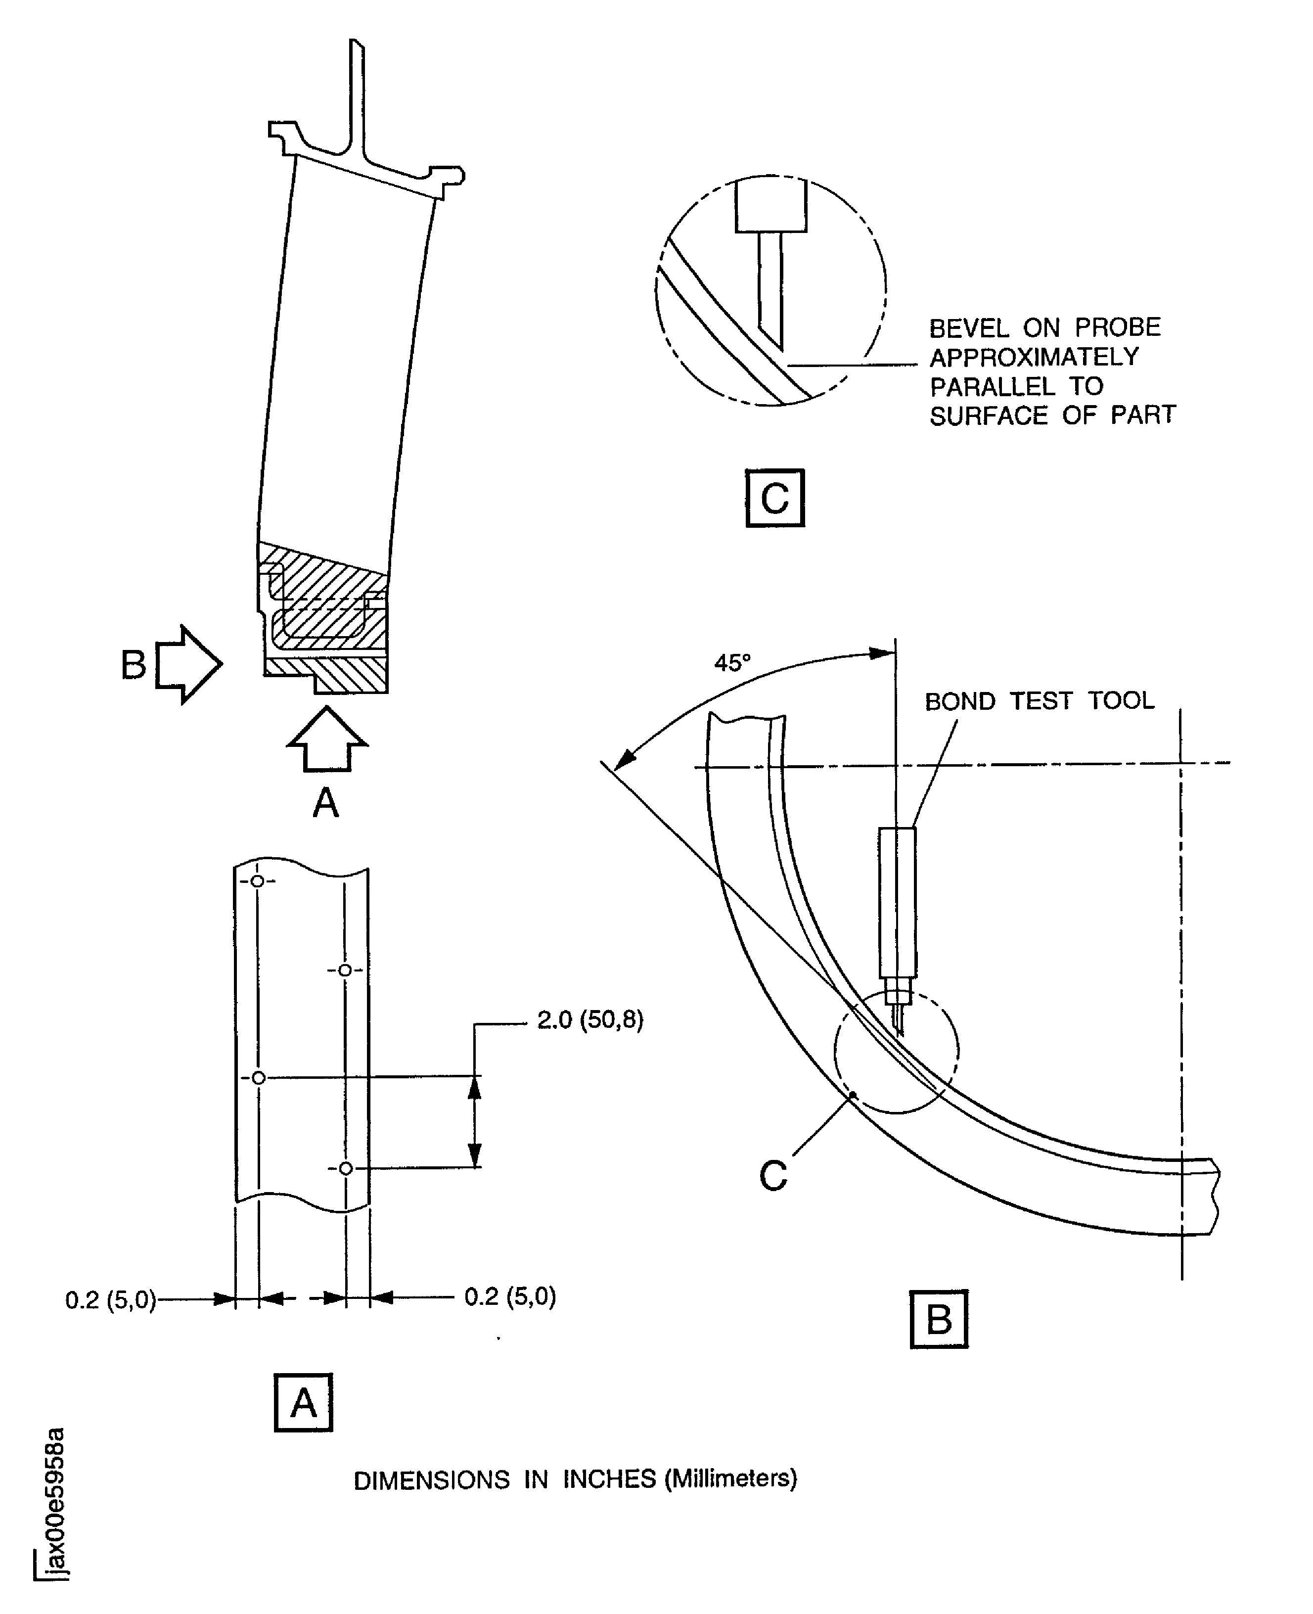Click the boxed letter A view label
click(303, 1403)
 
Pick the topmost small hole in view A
click(258, 881)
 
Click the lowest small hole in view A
click(346, 1168)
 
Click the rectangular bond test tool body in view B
click(898, 902)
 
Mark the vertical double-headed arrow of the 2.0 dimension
click(474, 1122)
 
